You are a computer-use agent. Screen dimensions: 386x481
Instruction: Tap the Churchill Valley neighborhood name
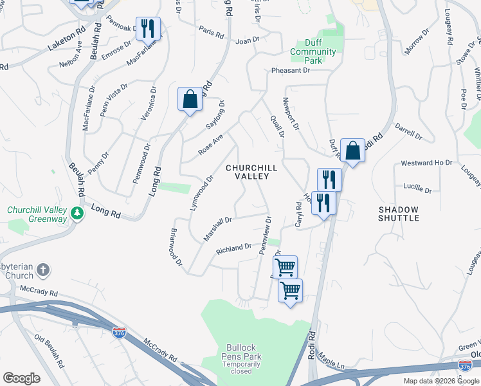[x=251, y=172]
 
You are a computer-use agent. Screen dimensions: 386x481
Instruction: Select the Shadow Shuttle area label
[x=399, y=214]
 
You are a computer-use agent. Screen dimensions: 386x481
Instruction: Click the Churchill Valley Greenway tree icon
[x=77, y=212]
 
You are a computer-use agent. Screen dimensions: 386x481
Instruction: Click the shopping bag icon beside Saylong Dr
[x=190, y=99]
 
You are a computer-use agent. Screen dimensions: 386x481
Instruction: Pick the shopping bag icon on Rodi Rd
[x=352, y=151]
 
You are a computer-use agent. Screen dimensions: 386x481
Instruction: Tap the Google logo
[x=21, y=378]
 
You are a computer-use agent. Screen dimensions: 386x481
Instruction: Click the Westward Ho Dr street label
[x=427, y=163]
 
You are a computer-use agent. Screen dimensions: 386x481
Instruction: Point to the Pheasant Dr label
[x=291, y=70]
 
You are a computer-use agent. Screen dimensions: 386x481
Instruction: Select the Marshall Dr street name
[x=217, y=229]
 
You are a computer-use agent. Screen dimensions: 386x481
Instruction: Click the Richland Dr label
[x=233, y=248]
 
